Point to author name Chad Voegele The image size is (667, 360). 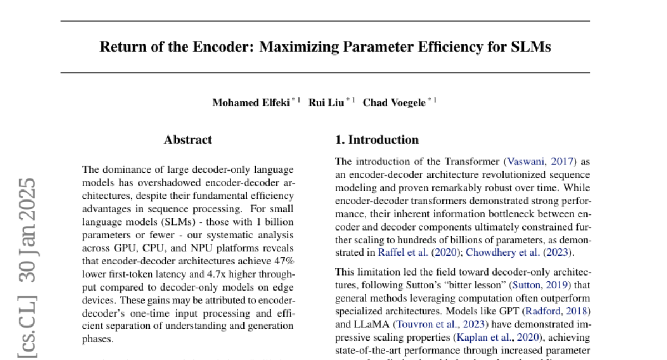pos(394,103)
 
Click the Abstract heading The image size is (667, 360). pos(188,140)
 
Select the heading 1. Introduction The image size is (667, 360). pos(377,140)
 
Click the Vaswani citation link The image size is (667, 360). pos(523,162)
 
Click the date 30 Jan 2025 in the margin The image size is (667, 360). pos(28,229)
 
